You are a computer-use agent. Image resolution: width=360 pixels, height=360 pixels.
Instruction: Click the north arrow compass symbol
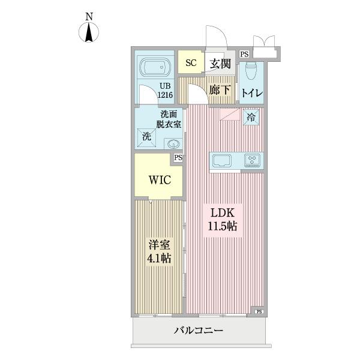tap(88, 33)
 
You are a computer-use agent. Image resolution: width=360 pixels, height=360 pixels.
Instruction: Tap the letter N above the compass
tap(88, 17)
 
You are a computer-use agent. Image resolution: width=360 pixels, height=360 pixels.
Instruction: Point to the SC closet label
tap(190, 62)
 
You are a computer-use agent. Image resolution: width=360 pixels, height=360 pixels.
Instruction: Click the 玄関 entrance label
tap(220, 64)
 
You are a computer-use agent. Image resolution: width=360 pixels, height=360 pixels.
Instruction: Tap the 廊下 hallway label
tap(220, 90)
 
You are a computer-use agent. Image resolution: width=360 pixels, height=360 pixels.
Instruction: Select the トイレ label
tap(251, 93)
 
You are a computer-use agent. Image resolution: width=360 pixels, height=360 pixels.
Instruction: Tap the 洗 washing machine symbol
tap(146, 136)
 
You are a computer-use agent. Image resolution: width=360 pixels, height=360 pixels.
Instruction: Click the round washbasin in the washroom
tap(173, 143)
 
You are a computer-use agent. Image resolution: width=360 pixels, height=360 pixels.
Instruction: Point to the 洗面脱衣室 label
tap(169, 119)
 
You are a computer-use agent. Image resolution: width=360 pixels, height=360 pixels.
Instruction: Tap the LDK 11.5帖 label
tap(223, 219)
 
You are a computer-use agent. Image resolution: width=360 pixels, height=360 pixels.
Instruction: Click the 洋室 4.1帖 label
tap(158, 252)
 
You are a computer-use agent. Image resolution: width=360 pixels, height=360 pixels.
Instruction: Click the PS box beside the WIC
tap(178, 158)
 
